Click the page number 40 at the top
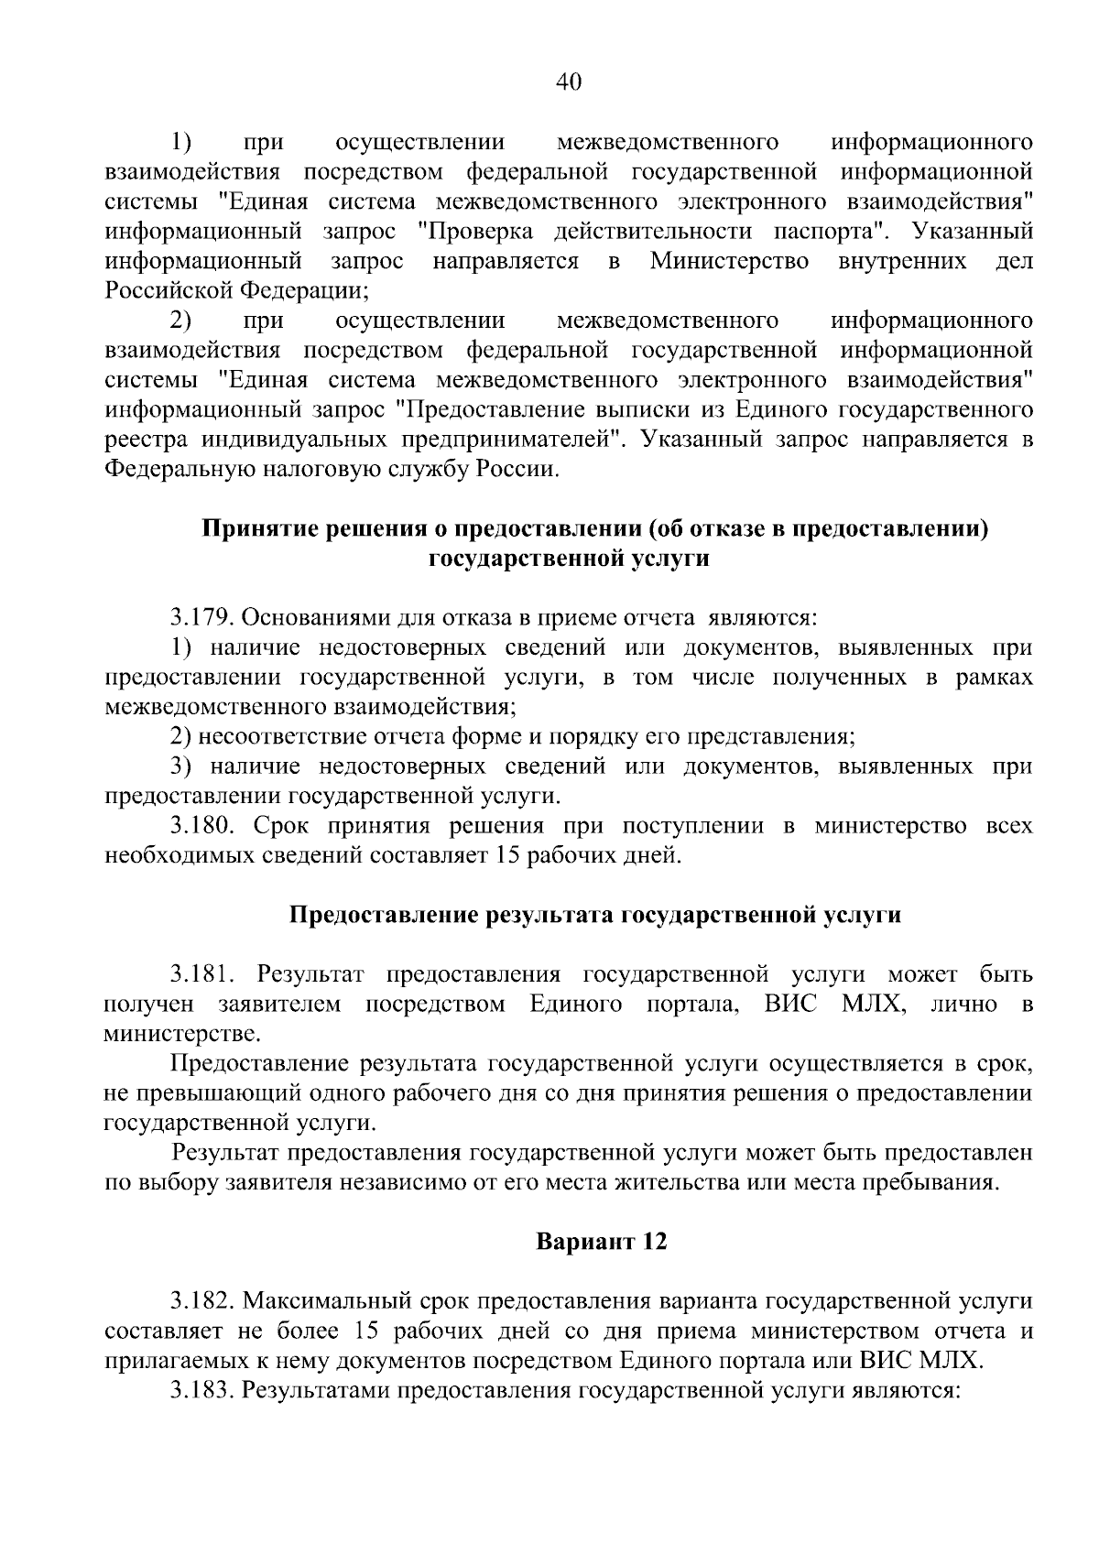(568, 82)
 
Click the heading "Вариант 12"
(601, 1242)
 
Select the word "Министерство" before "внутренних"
(729, 261)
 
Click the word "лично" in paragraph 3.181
(963, 1004)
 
